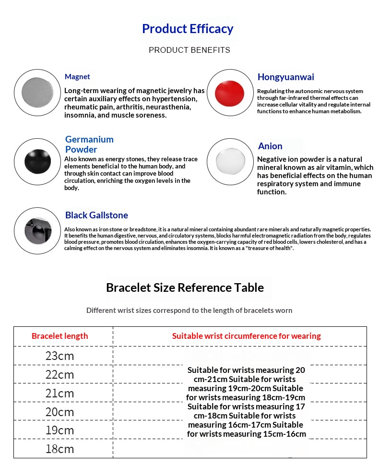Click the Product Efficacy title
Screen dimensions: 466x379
tap(188, 29)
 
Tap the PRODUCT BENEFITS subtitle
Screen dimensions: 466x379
tap(189, 50)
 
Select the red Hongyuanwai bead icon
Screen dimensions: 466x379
tap(229, 93)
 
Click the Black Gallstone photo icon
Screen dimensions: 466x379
tap(37, 230)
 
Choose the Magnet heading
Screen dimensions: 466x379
tap(77, 77)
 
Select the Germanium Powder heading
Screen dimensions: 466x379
tap(89, 144)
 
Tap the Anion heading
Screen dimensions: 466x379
tap(270, 146)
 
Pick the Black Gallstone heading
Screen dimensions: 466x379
tap(96, 215)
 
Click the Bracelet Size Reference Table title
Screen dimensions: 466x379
tap(185, 287)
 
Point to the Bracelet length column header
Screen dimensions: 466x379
tap(60, 336)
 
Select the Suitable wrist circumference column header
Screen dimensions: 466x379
tap(246, 336)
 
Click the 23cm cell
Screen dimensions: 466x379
tap(59, 356)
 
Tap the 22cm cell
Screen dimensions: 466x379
tap(59, 375)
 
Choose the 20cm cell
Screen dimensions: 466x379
tap(59, 412)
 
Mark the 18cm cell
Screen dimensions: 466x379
tap(59, 449)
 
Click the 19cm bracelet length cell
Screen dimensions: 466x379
tap(59, 430)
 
